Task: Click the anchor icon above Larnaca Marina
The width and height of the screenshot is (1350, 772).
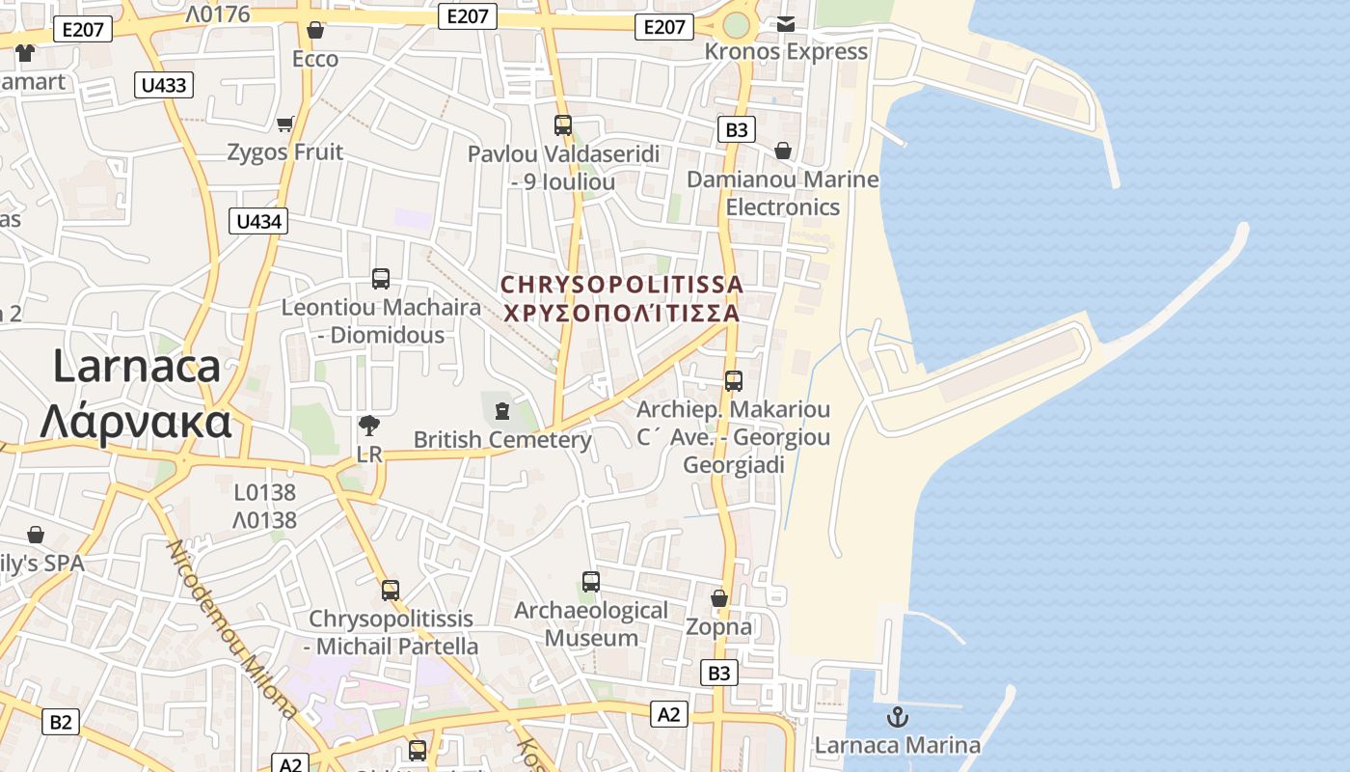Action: click(x=898, y=717)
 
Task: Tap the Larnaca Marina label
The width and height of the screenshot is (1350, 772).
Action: click(x=897, y=745)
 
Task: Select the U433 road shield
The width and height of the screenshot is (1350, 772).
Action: click(x=164, y=85)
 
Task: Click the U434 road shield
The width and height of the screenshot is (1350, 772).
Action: click(x=259, y=221)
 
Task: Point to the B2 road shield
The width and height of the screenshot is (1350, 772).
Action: click(x=61, y=721)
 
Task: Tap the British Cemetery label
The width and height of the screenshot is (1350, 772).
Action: click(x=502, y=440)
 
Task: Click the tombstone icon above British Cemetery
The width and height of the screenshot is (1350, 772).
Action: click(x=501, y=412)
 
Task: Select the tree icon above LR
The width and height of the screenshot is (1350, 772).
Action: click(x=368, y=426)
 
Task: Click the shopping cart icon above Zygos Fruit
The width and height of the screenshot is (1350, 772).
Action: click(x=284, y=124)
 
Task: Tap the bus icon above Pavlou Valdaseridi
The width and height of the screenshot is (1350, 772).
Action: click(x=563, y=125)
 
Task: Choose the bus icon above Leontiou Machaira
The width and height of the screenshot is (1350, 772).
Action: click(x=381, y=279)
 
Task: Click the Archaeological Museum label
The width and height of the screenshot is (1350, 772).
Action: click(x=591, y=624)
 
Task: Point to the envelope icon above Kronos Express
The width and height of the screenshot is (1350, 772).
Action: click(x=786, y=24)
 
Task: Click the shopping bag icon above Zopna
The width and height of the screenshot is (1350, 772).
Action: click(x=718, y=599)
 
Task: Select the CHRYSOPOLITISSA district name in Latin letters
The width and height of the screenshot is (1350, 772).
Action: click(x=622, y=285)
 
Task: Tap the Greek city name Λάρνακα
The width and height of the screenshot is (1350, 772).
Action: click(x=136, y=422)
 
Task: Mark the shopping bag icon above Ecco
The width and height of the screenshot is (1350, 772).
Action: click(x=314, y=31)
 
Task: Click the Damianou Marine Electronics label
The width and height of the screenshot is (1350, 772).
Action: click(x=783, y=193)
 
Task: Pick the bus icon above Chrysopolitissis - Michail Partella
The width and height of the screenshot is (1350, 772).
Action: click(x=391, y=590)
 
